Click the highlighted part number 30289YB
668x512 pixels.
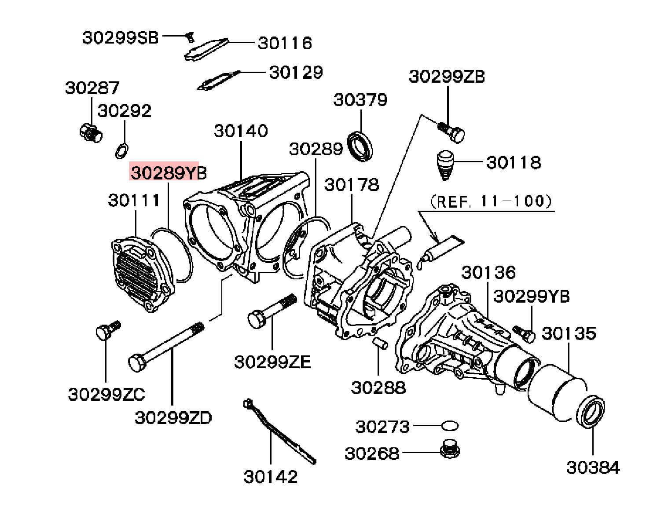click(168, 172)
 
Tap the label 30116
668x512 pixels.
click(285, 43)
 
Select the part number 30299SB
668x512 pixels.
click(120, 38)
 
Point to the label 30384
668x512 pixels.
click(593, 467)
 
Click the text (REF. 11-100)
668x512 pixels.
click(491, 201)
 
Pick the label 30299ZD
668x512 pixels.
click(173, 417)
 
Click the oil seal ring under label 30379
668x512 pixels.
click(361, 146)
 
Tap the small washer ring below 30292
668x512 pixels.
click(121, 150)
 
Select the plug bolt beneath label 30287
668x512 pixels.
click(91, 133)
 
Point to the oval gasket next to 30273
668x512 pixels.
click(450, 426)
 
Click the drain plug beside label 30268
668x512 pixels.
click(449, 449)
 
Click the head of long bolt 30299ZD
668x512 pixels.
click(136, 362)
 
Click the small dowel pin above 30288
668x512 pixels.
click(380, 343)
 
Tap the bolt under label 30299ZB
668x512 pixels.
click(453, 131)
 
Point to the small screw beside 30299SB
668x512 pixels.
click(190, 38)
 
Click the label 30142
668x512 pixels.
click(271, 477)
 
